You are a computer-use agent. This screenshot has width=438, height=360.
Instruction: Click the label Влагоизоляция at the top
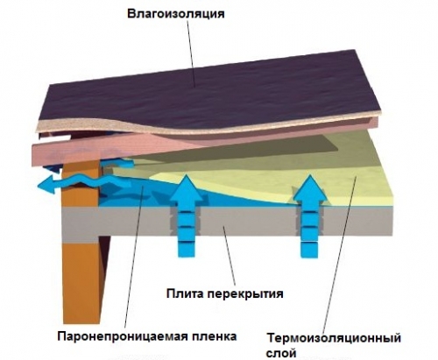coord(176,14)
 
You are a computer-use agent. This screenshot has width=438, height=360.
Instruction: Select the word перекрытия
coord(245,293)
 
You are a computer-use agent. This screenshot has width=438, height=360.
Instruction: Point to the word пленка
coord(214,336)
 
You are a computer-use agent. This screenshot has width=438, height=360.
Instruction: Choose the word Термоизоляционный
coord(334,338)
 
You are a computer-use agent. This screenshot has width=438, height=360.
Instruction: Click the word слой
coord(281,353)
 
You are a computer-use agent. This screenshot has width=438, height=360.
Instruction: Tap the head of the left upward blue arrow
coord(186,189)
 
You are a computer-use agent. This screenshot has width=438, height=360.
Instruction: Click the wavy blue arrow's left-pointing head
coord(47,185)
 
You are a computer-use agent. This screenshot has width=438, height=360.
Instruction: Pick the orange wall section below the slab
coord(82,282)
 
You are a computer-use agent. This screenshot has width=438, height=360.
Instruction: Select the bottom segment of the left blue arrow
coord(186,250)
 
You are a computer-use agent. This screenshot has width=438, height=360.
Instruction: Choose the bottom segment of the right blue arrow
coord(309,250)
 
